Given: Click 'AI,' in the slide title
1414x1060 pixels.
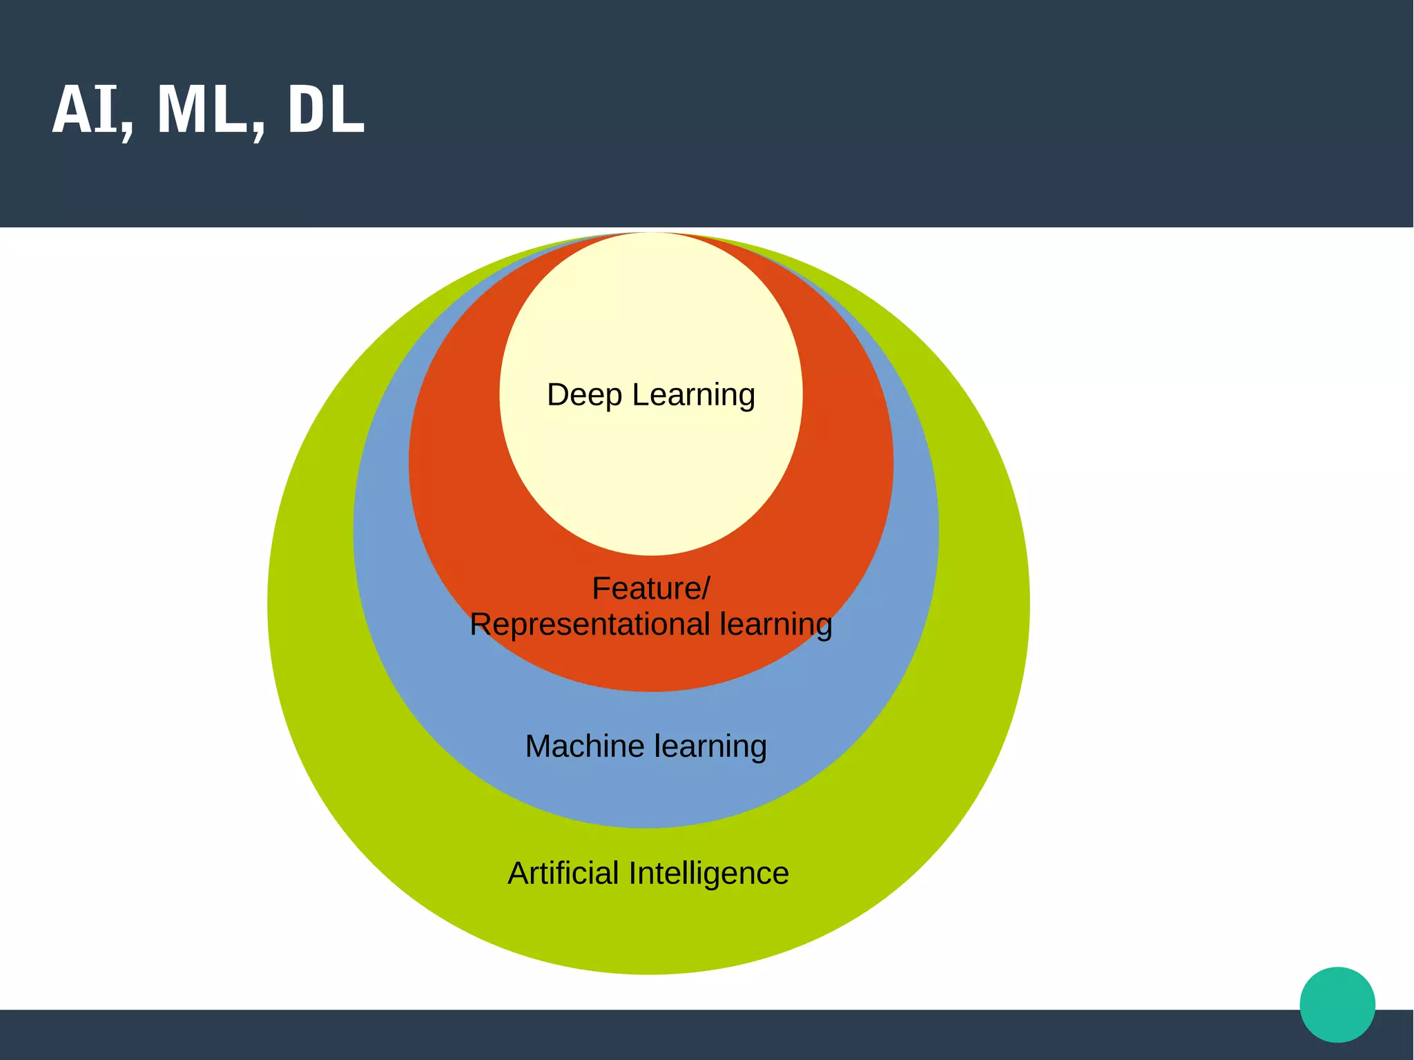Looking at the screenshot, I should click(93, 110).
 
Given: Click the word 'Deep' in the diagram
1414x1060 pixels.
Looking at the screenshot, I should click(585, 396).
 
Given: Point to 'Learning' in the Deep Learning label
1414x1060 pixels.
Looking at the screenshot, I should click(693, 396).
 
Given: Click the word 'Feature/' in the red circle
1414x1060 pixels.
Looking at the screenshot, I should click(650, 589).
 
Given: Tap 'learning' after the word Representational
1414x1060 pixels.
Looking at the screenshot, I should click(775, 625).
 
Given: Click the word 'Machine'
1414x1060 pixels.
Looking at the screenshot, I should click(585, 746).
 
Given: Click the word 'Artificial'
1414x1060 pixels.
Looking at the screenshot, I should click(563, 874).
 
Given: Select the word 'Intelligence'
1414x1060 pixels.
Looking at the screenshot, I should click(708, 874).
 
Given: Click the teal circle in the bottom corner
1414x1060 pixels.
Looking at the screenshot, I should click(1337, 1004).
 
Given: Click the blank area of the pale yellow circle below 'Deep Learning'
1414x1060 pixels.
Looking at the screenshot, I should click(651, 483).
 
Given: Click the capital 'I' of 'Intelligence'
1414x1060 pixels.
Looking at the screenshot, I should click(632, 874).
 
